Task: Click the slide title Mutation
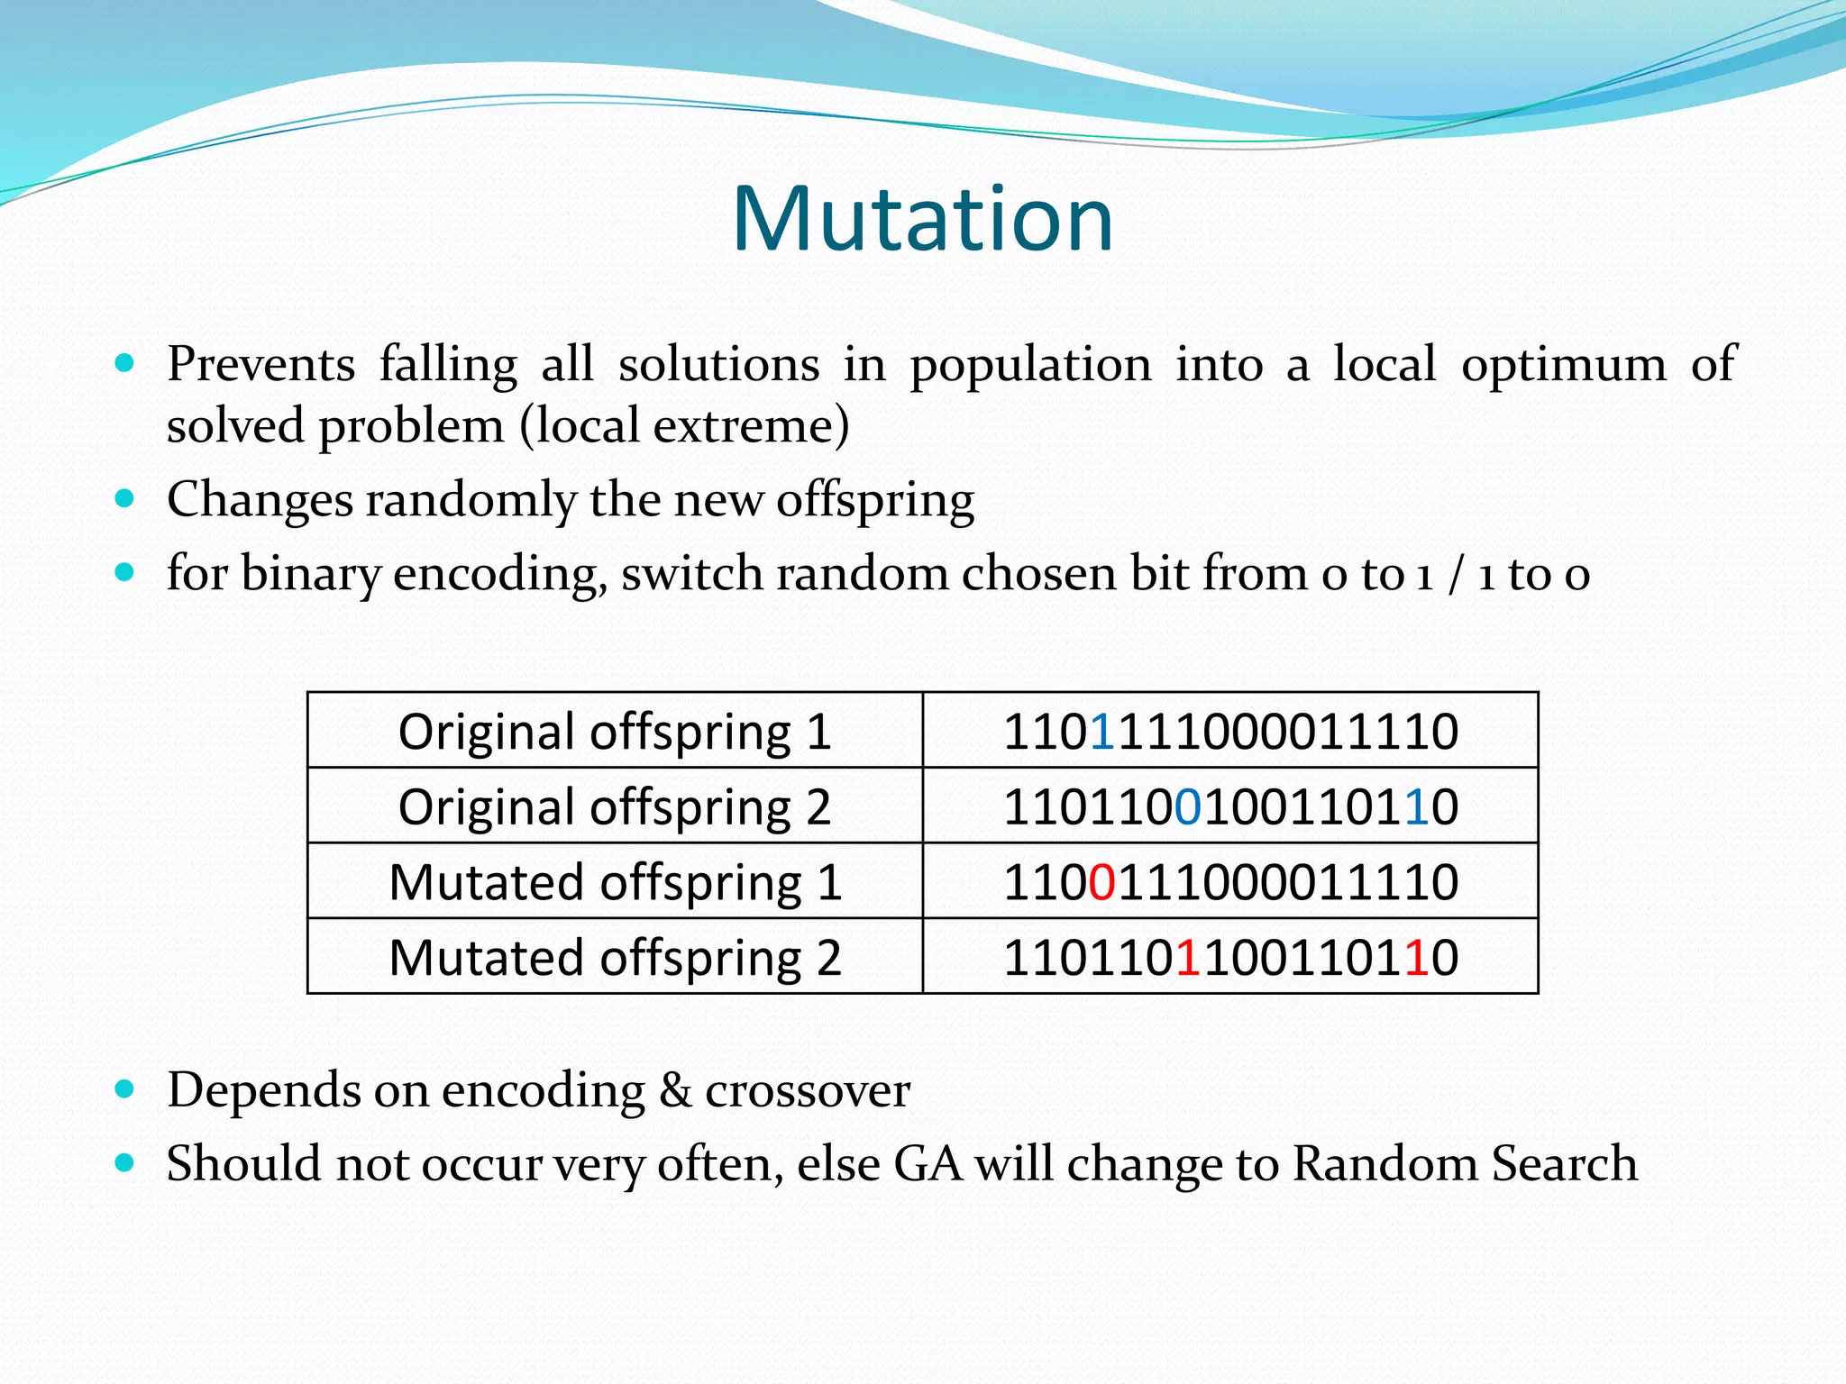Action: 923,219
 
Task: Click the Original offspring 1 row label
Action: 615,732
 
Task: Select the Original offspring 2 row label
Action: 615,806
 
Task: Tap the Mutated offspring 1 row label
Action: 615,882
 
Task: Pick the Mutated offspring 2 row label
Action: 615,957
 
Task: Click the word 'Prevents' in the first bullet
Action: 260,365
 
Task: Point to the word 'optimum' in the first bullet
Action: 1564,365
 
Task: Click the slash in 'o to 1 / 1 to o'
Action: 1455,574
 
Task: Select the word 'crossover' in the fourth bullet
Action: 808,1090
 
